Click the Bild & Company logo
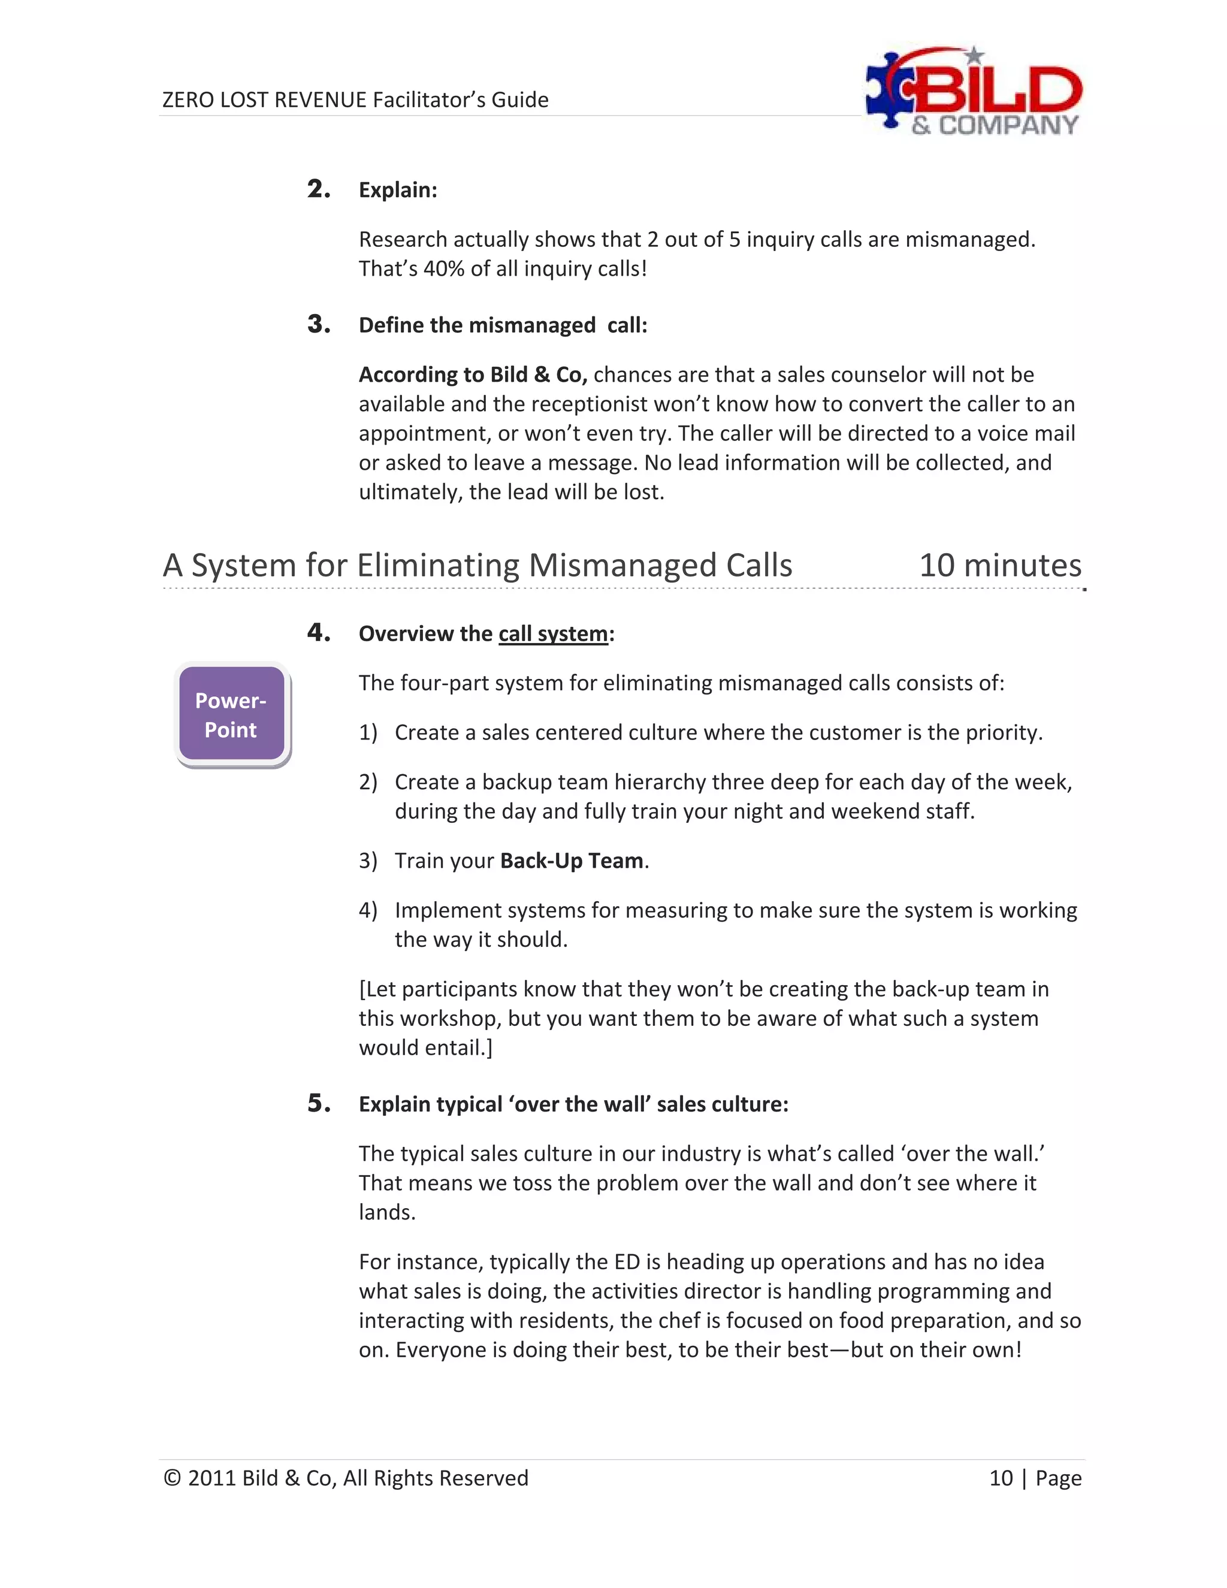click(974, 92)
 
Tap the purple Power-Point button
click(231, 715)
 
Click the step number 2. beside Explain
click(318, 189)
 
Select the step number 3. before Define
click(318, 324)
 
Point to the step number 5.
click(318, 1103)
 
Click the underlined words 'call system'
click(552, 634)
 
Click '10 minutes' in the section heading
click(999, 566)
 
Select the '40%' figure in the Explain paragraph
click(443, 269)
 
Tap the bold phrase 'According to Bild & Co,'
click(473, 375)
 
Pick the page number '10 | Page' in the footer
click(1034, 1478)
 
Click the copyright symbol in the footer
click(171, 1478)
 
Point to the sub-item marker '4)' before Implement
click(368, 910)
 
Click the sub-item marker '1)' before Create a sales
click(368, 733)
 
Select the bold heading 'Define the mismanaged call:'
click(502, 325)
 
